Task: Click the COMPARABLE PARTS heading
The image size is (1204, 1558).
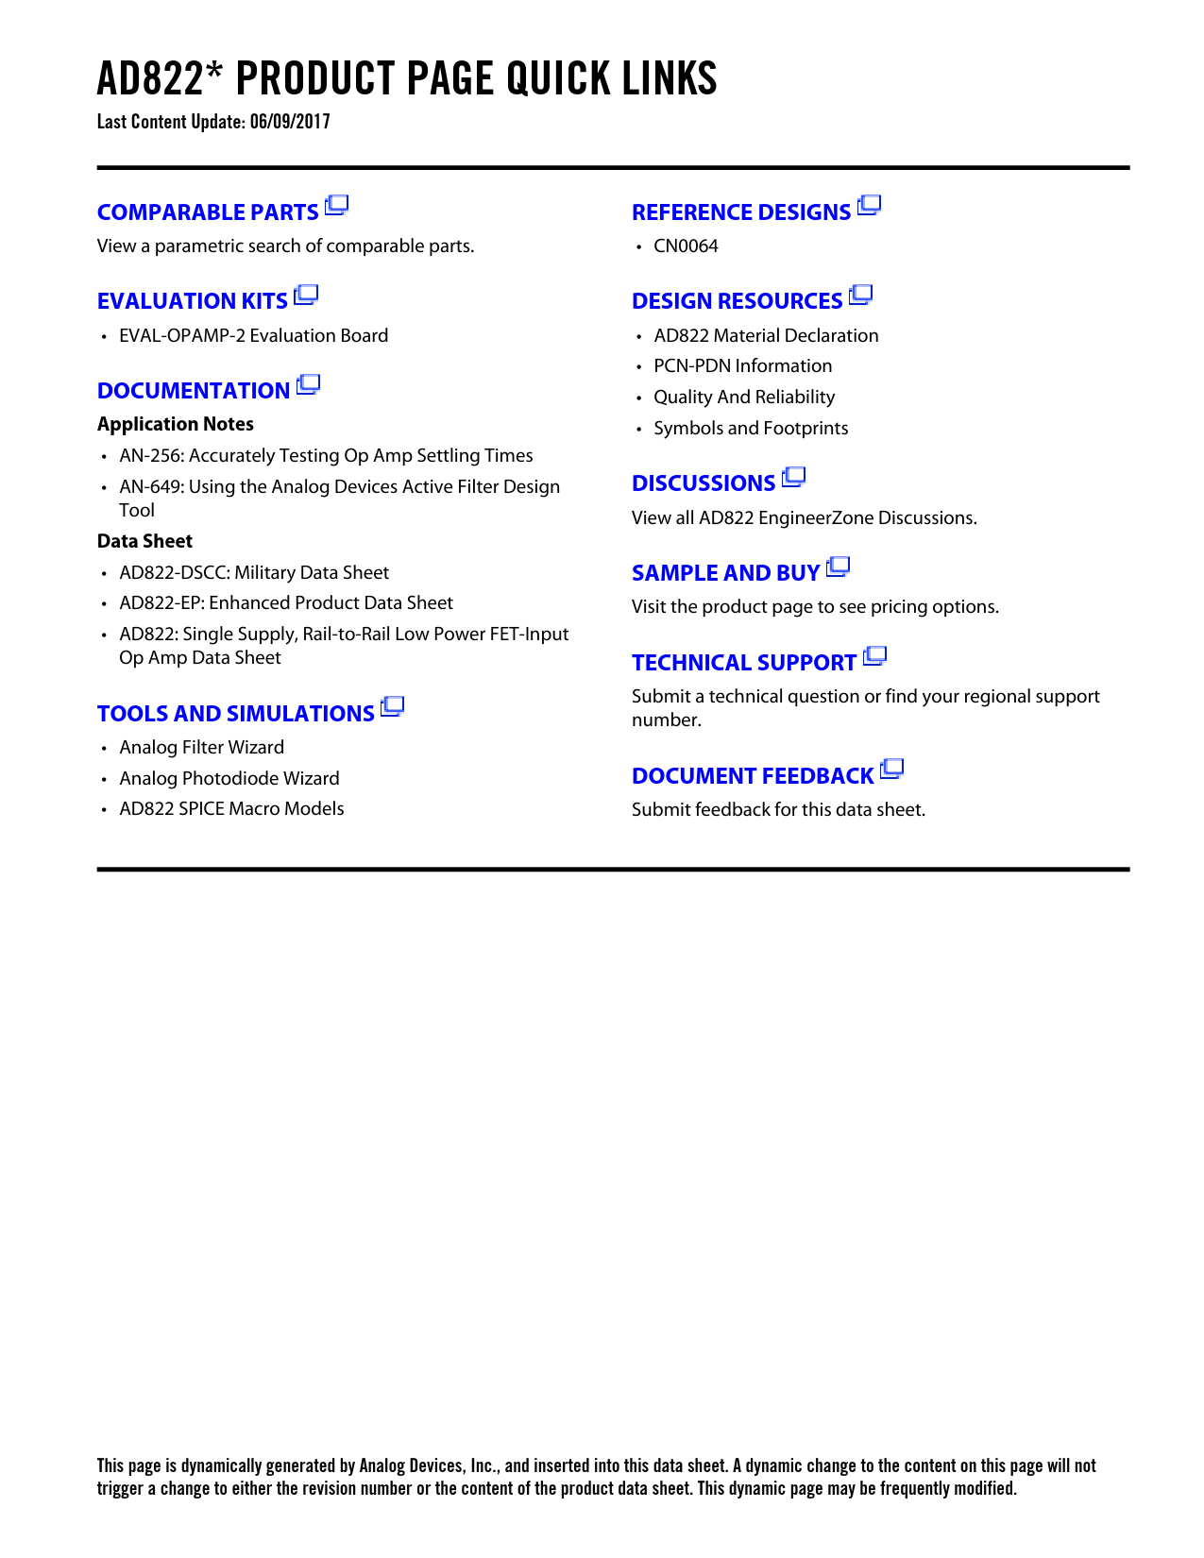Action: point(208,212)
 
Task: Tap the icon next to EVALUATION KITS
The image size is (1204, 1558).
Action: point(306,296)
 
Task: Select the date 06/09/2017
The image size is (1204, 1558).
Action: point(290,122)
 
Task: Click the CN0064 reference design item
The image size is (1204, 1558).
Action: point(686,246)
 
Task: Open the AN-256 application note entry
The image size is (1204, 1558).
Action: point(326,456)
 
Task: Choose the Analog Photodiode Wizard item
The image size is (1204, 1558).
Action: point(229,779)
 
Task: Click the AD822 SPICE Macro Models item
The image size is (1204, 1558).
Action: point(231,809)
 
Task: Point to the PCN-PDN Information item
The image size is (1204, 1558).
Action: point(742,366)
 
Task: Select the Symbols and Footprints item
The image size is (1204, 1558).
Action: point(751,429)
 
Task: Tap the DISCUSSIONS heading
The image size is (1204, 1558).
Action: point(704,483)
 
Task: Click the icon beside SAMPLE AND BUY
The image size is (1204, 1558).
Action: point(838,567)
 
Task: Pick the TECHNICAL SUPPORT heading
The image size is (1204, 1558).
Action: point(744,663)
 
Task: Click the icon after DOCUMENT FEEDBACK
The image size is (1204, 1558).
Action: point(891,771)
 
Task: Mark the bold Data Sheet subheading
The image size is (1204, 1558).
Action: point(144,542)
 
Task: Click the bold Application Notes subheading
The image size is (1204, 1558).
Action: point(176,425)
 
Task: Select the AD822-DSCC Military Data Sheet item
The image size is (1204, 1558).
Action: point(254,573)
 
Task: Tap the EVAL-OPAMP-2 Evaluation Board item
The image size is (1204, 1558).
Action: point(253,336)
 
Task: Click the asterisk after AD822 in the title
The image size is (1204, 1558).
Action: point(215,71)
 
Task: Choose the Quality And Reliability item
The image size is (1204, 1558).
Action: point(744,398)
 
